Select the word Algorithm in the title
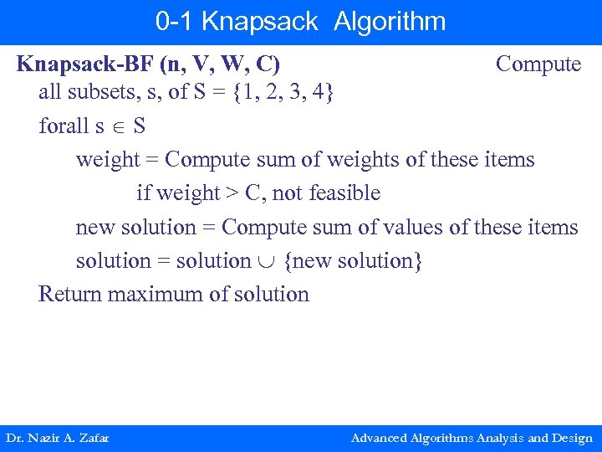click(390, 21)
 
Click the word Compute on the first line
click(538, 64)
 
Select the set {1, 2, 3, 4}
click(284, 92)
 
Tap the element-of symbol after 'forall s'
click(119, 126)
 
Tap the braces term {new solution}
click(353, 260)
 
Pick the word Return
click(64, 294)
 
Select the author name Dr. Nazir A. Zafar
click(57, 438)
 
